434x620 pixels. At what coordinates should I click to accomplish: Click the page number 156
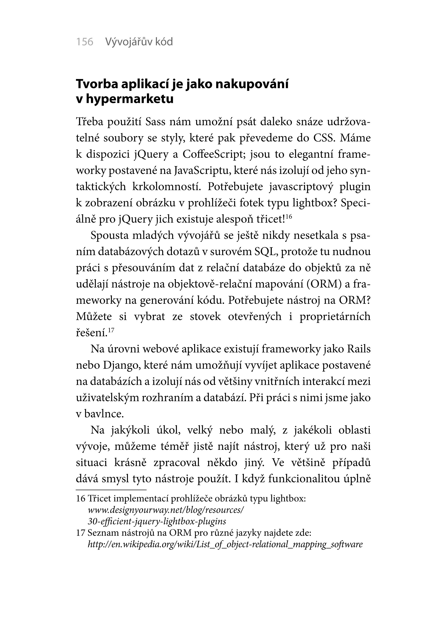click(84, 42)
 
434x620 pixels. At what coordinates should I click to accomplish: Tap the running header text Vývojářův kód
click(139, 42)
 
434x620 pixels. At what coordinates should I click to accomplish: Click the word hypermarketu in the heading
click(129, 99)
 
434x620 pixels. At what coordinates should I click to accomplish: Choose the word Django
click(120, 365)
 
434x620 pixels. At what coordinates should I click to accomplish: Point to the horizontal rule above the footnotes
click(111, 490)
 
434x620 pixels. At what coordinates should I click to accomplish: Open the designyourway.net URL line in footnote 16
click(166, 510)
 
